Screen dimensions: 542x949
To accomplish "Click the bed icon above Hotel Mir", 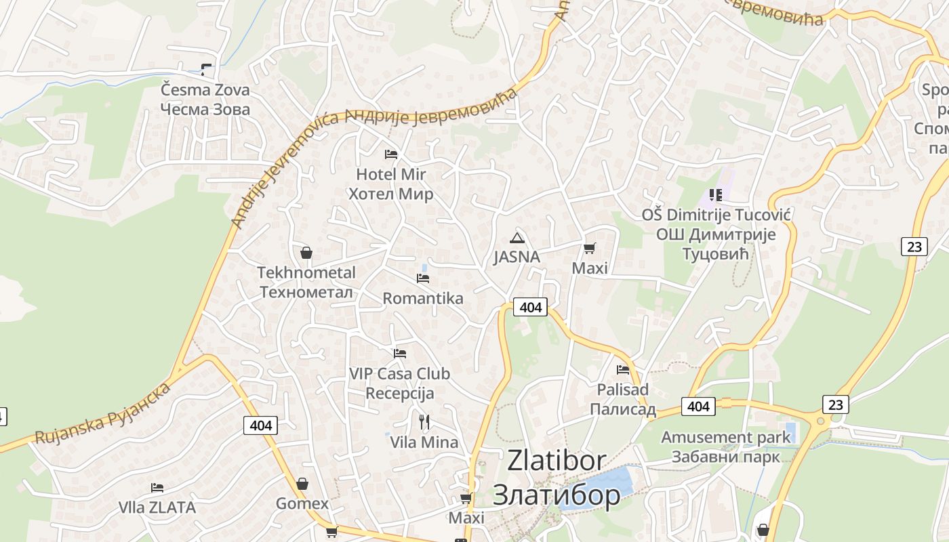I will coord(390,154).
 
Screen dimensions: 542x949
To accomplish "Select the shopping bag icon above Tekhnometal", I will coord(306,253).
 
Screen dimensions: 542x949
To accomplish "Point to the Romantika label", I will coord(423,298).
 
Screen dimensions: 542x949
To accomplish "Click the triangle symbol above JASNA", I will coord(517,238).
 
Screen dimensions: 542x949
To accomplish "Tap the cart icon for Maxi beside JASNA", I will coord(589,249).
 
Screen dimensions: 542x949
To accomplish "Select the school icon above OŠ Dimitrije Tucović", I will coord(715,196).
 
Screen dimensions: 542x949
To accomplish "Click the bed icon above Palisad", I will coord(623,370).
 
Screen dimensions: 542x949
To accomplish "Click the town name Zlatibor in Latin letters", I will coord(557,461).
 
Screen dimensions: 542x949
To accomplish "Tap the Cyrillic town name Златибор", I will coord(556,495).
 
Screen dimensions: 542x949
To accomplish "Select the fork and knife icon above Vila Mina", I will coord(424,422).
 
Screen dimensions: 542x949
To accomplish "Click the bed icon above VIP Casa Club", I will coord(400,354).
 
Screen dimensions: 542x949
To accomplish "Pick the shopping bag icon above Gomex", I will coord(302,484).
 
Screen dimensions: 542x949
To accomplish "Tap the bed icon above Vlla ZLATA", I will coord(157,488).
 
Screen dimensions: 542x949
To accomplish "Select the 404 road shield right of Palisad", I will coord(698,406).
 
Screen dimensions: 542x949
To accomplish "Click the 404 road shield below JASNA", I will coord(530,307).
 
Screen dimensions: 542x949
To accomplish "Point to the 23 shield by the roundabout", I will coord(836,404).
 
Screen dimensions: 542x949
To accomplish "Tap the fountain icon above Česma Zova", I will coord(206,68).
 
